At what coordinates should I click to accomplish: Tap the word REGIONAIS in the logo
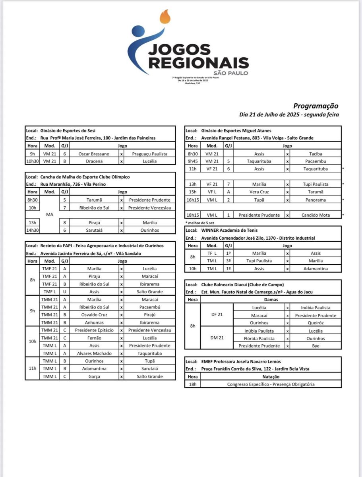tap(198, 63)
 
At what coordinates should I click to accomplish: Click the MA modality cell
tap(50, 215)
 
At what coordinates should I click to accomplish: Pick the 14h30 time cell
tap(32, 230)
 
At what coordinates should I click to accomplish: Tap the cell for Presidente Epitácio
tap(94, 330)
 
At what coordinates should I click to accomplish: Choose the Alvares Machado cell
tap(94, 353)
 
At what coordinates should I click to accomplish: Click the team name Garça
tap(94, 376)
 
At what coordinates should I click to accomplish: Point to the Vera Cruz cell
tap(259, 192)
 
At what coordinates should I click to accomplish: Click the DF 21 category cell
tap(217, 315)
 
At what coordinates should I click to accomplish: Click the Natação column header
tap(271, 376)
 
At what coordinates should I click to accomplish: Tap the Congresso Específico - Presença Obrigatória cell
tap(271, 384)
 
